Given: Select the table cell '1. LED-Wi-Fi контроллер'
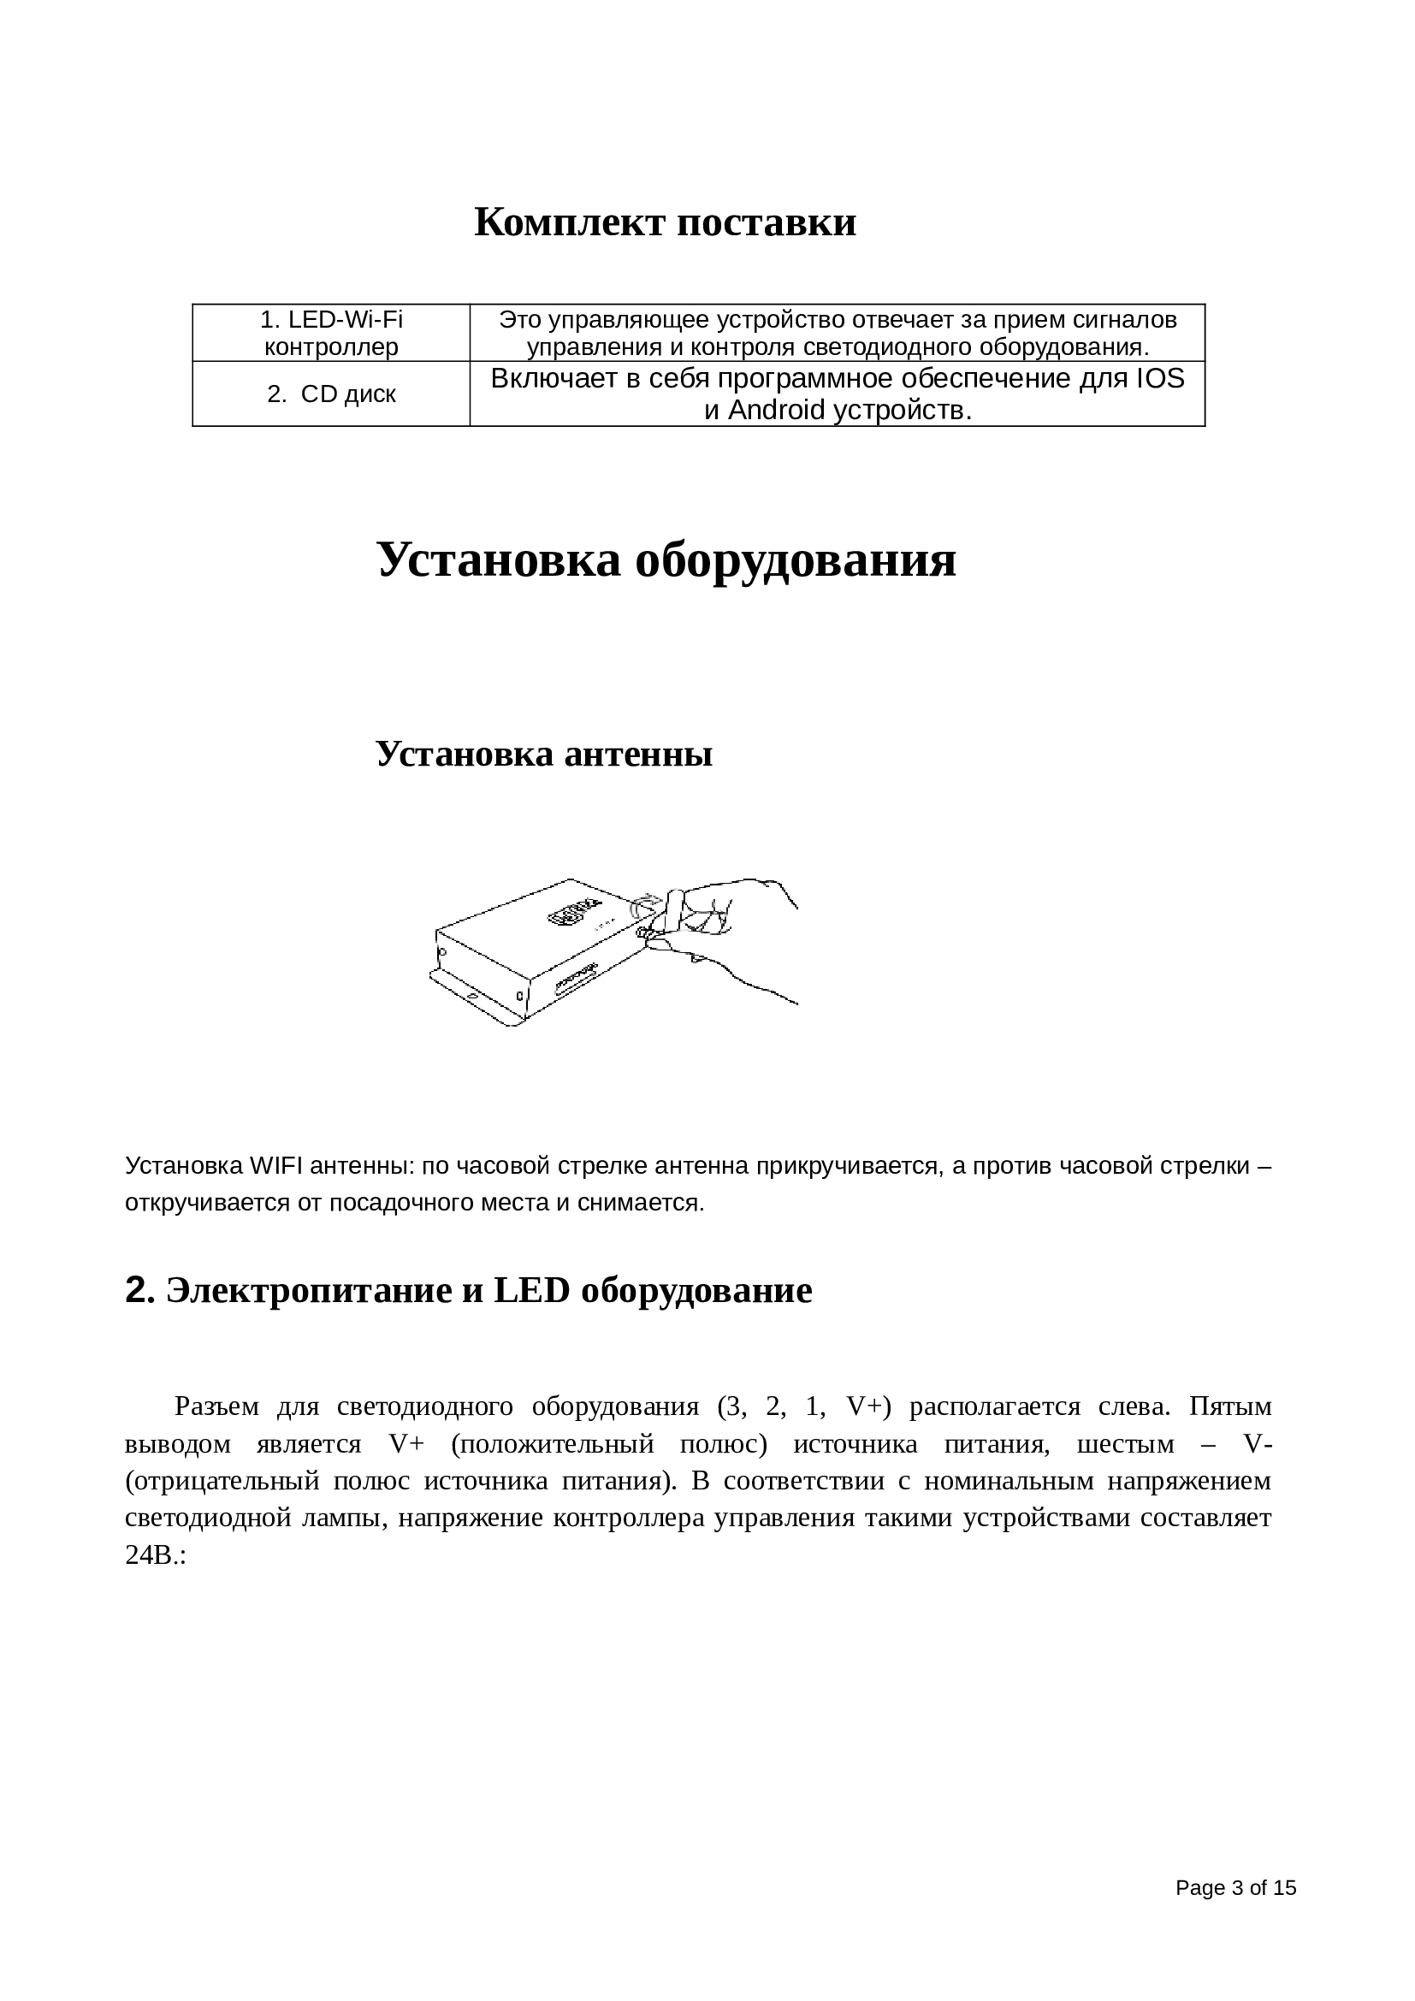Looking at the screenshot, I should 331,333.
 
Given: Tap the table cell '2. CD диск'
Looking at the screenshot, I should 331,394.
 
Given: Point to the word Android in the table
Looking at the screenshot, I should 776,410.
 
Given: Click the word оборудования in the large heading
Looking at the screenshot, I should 795,559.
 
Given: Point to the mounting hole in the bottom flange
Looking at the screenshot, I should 471,994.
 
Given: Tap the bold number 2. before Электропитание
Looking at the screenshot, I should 140,1290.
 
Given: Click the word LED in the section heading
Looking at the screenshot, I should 530,1291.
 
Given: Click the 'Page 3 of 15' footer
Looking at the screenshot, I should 1235,1888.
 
